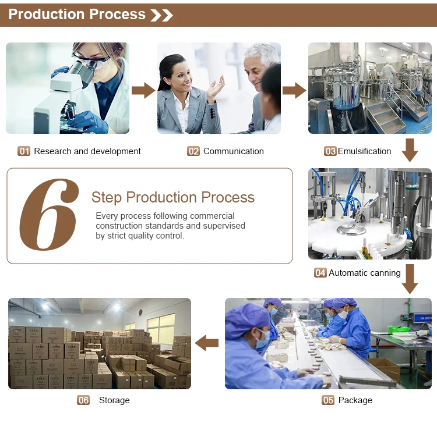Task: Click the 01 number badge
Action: [x=24, y=151]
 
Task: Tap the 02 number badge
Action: [x=193, y=151]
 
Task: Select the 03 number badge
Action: [x=330, y=151]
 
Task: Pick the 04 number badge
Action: [x=320, y=273]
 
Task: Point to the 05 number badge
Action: [x=328, y=400]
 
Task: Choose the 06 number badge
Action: [x=83, y=400]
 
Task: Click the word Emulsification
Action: [x=365, y=151]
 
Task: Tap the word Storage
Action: [x=114, y=400]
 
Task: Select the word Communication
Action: [x=234, y=151]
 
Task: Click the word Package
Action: [x=355, y=400]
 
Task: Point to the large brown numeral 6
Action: [x=49, y=215]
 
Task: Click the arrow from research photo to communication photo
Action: [x=143, y=90]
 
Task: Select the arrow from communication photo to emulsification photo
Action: [x=294, y=90]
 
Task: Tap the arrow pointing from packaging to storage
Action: [x=206, y=343]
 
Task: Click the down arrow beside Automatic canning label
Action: [x=410, y=279]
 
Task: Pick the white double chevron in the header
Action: [x=161, y=15]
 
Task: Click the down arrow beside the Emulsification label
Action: [x=410, y=150]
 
